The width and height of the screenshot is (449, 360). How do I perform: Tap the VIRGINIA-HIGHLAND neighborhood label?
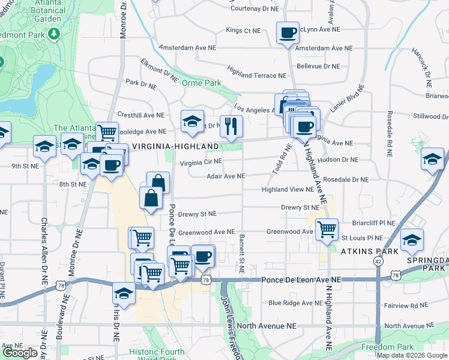[175, 146]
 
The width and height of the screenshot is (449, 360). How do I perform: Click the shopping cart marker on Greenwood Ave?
[326, 229]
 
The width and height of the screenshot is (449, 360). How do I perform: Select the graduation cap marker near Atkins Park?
[412, 240]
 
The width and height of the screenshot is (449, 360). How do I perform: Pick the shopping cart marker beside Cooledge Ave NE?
[107, 131]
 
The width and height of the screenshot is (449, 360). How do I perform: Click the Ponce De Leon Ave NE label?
[301, 280]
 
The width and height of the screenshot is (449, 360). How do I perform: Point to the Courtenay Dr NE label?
[255, 9]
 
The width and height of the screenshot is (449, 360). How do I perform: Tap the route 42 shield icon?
[377, 262]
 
